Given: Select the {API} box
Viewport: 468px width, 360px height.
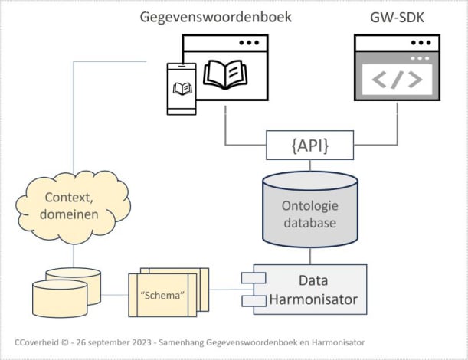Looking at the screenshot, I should pyautogui.click(x=309, y=145).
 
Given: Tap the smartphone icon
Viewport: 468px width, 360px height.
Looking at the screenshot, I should pyautogui.click(x=182, y=88).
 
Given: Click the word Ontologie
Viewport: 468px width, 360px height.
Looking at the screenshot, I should pyautogui.click(x=310, y=205).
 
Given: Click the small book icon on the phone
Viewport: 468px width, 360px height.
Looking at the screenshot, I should pyautogui.click(x=182, y=88).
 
